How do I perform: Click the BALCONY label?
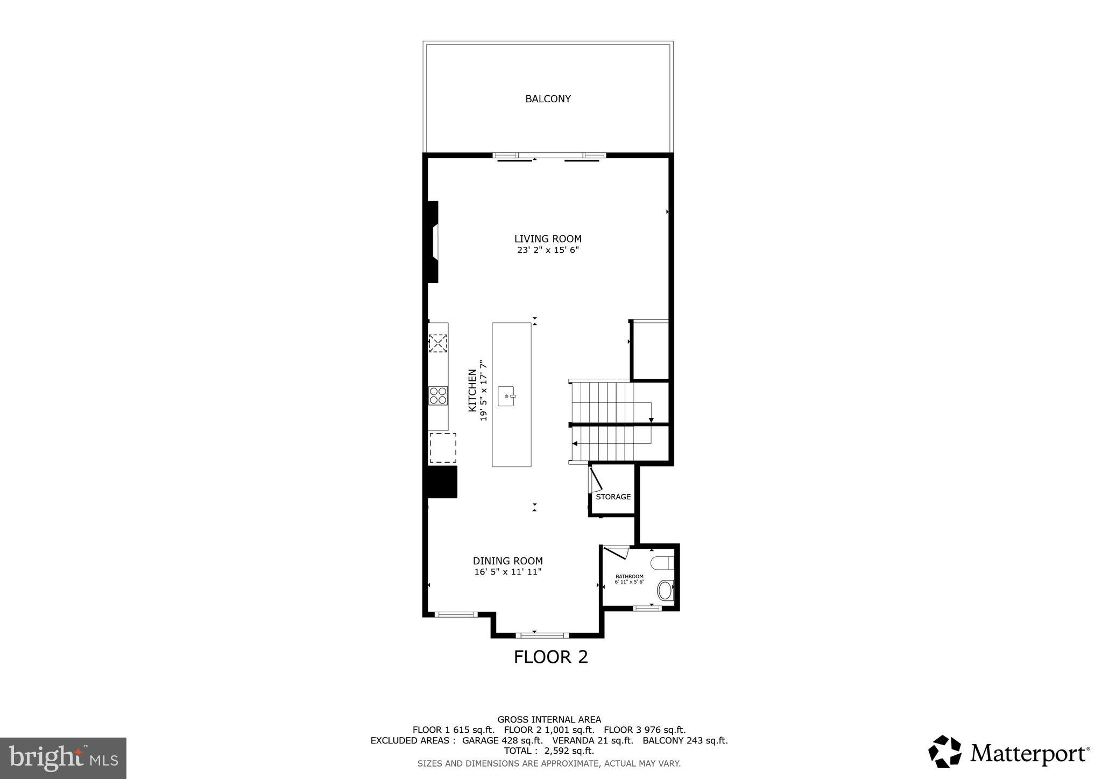click(x=548, y=99)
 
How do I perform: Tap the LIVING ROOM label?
click(x=548, y=239)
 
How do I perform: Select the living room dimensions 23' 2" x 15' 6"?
click(x=548, y=250)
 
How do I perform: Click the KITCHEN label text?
click(x=472, y=390)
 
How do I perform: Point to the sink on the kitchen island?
click(x=506, y=396)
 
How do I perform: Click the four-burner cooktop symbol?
click(x=438, y=395)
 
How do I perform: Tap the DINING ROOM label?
click(x=507, y=561)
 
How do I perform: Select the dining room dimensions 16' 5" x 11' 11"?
click(x=507, y=572)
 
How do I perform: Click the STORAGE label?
click(x=613, y=497)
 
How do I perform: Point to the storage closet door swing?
click(x=595, y=480)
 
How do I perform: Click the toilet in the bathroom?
click(x=663, y=563)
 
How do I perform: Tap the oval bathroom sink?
click(x=665, y=590)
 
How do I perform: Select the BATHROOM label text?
click(x=629, y=576)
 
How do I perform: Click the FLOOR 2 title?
click(x=550, y=657)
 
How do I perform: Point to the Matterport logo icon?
click(x=944, y=752)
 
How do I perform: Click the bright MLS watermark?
click(x=63, y=758)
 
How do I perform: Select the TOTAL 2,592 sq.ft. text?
click(x=549, y=750)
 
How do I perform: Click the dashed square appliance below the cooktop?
click(x=442, y=448)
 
